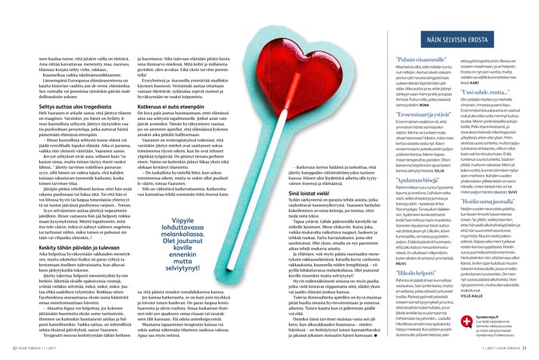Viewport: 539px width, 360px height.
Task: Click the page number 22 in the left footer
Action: (x=8, y=348)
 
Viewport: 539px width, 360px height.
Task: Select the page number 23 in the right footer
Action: (x=531, y=348)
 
